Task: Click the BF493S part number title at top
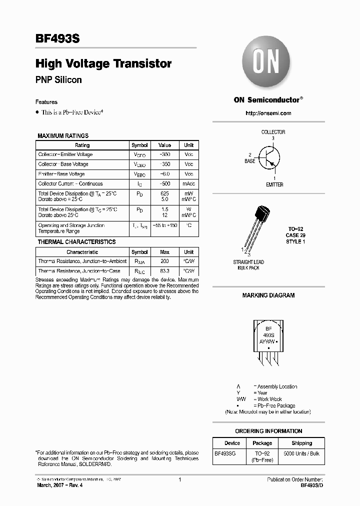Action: [57, 38]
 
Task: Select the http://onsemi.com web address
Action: [268, 113]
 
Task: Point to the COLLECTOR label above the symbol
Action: [273, 132]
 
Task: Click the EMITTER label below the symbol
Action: [274, 184]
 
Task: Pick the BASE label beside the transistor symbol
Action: [249, 161]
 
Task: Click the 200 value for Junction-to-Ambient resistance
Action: [164, 261]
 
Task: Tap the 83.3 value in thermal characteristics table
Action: [164, 270]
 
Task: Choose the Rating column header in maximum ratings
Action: [82, 145]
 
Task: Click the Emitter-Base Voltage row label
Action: [61, 174]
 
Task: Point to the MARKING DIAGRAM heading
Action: [268, 295]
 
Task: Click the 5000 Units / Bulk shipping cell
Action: [301, 453]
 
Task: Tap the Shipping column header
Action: [301, 443]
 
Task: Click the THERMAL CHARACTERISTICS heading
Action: [76, 242]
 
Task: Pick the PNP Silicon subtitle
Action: [58, 80]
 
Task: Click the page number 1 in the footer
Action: [179, 480]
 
